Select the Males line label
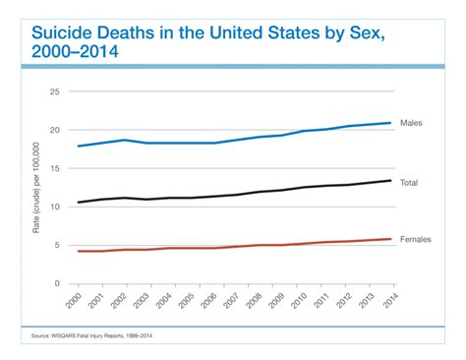click(x=413, y=122)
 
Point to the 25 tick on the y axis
click(x=56, y=91)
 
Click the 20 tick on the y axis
click(x=56, y=130)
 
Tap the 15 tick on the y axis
click(x=56, y=168)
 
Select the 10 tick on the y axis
click(x=56, y=207)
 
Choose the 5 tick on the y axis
click(x=58, y=245)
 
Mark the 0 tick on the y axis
click(x=58, y=283)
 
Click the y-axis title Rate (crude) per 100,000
click(x=36, y=187)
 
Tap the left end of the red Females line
click(x=78, y=251)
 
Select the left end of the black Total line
click(x=78, y=203)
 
